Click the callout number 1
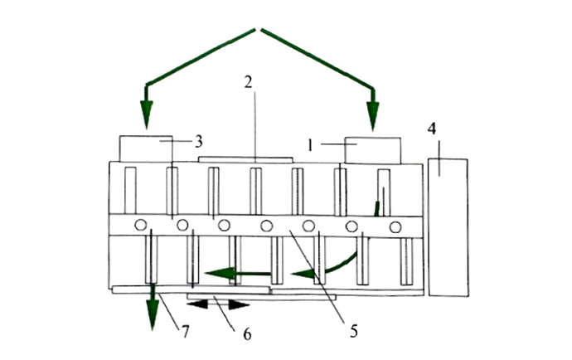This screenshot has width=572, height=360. click(x=310, y=146)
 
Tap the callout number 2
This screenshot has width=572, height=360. click(x=249, y=82)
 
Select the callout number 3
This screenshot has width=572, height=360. click(x=198, y=142)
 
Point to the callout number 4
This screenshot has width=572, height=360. click(x=432, y=129)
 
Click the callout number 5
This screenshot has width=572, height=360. click(x=353, y=331)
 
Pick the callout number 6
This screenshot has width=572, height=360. click(x=247, y=333)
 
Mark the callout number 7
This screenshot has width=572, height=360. click(x=186, y=332)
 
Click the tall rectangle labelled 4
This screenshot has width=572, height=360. click(x=448, y=227)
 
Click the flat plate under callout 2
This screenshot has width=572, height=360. click(x=245, y=159)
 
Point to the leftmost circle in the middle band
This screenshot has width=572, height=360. click(x=140, y=225)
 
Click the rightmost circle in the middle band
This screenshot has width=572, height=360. click(x=395, y=227)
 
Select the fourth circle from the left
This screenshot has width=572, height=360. click(x=267, y=226)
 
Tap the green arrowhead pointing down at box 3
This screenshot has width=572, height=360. click(x=146, y=114)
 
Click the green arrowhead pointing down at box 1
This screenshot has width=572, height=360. click(x=373, y=116)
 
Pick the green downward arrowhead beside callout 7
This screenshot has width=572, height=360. click(x=153, y=314)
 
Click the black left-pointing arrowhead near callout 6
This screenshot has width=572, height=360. click(x=197, y=304)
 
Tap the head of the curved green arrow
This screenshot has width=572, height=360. click(x=303, y=273)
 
